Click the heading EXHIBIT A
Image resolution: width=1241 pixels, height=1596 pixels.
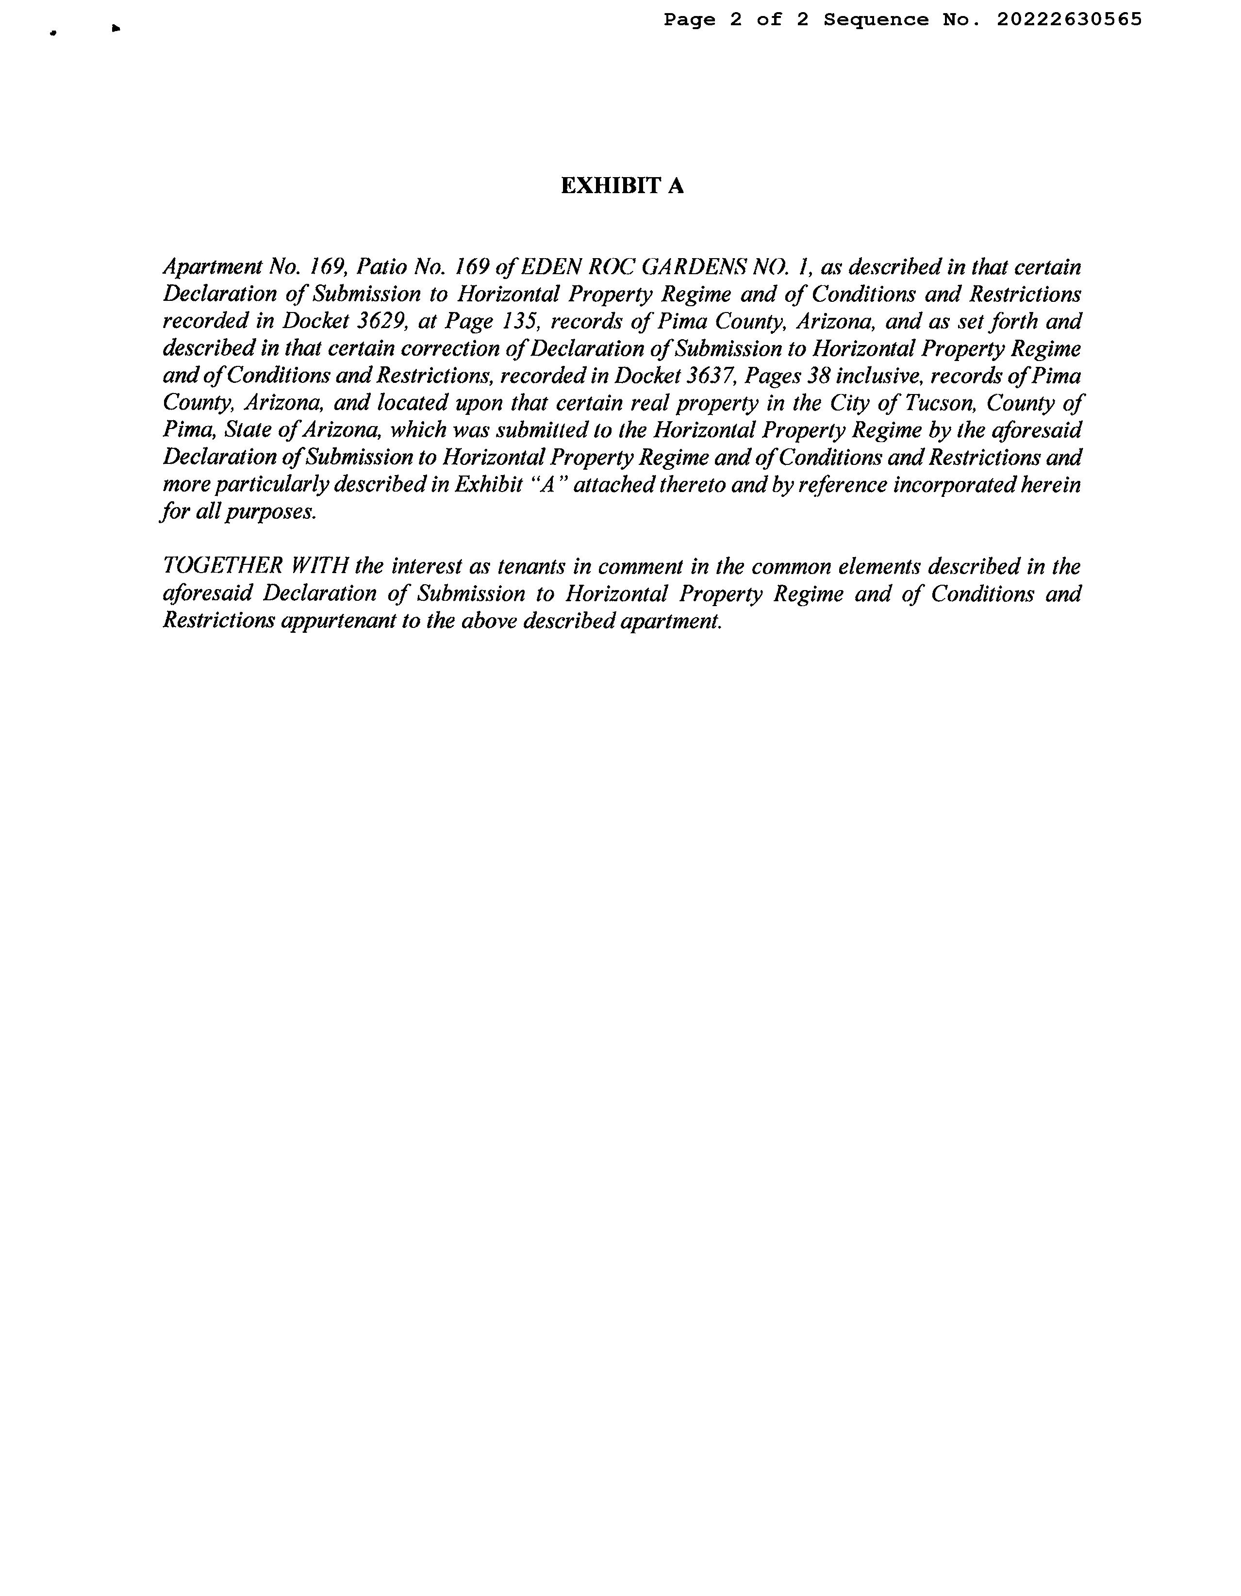tap(622, 186)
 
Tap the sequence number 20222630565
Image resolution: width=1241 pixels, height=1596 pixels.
tap(1069, 20)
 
